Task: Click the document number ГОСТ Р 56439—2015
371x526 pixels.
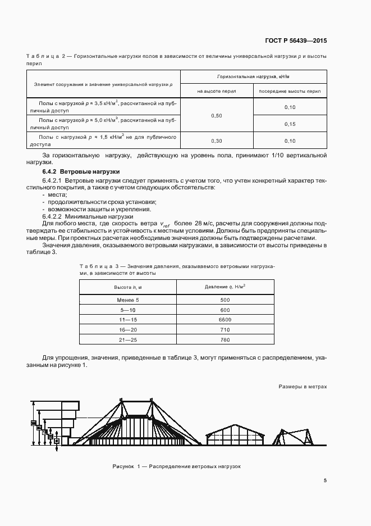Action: tap(296, 40)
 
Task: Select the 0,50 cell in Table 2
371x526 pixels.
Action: tap(216, 115)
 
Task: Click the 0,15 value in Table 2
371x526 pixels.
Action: tap(290, 124)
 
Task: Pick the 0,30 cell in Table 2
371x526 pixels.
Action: tap(216, 140)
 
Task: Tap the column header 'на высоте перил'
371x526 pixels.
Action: tap(216, 90)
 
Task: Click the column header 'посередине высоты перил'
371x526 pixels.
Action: tap(290, 90)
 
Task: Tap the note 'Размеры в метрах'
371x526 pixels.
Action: tap(302, 387)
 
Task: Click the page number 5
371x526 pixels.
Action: tap(325, 480)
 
